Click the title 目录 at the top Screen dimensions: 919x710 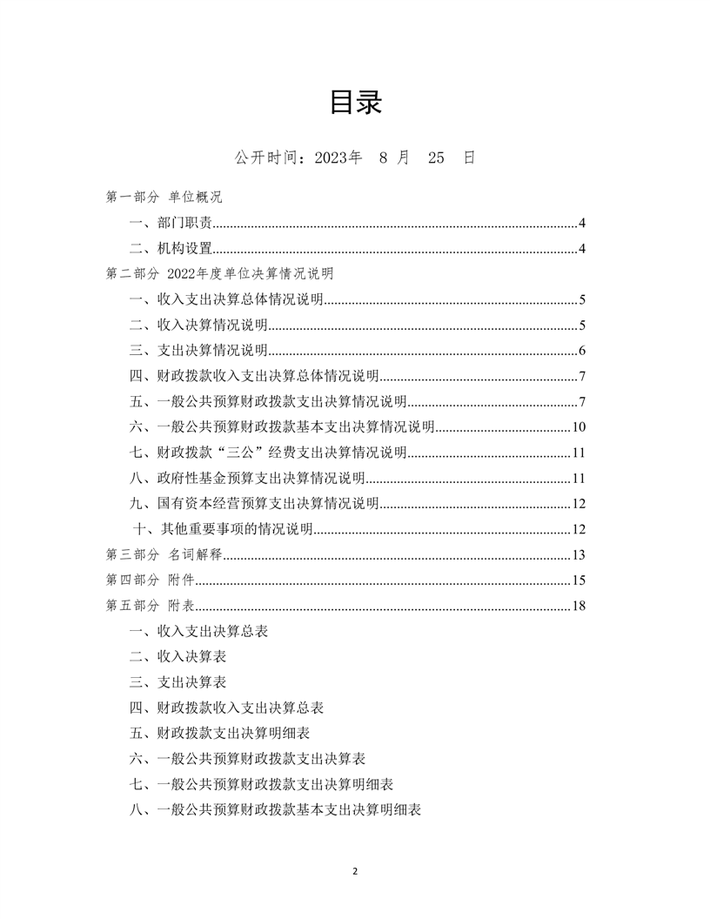pyautogui.click(x=355, y=103)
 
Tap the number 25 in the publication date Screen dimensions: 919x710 pyautogui.click(x=436, y=158)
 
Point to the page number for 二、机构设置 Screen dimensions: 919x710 pyautogui.click(x=582, y=250)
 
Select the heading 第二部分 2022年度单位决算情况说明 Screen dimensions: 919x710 pyautogui.click(x=219, y=273)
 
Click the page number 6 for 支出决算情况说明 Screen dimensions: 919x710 pyautogui.click(x=582, y=352)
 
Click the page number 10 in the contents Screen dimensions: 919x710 pyautogui.click(x=579, y=427)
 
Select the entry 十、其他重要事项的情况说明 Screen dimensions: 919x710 pyautogui.click(x=223, y=529)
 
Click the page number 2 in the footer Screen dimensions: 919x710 pyautogui.click(x=355, y=871)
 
